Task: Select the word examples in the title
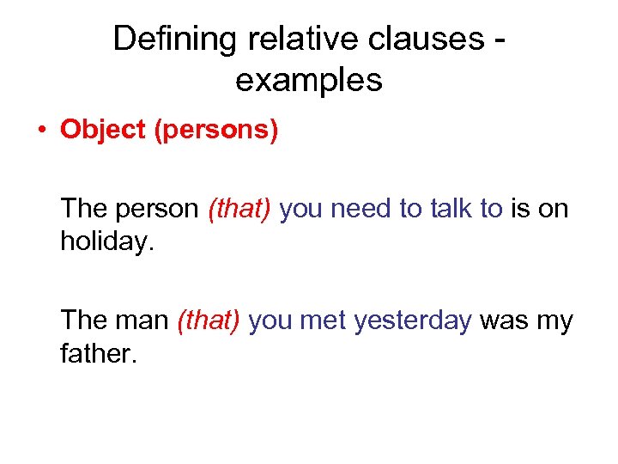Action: tap(308, 80)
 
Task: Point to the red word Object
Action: tap(95, 131)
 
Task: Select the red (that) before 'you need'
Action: tap(239, 209)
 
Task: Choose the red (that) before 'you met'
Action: tap(209, 321)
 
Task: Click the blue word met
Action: tap(324, 321)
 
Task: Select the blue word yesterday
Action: tap(413, 321)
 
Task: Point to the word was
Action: tap(503, 321)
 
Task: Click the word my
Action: tap(554, 322)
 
